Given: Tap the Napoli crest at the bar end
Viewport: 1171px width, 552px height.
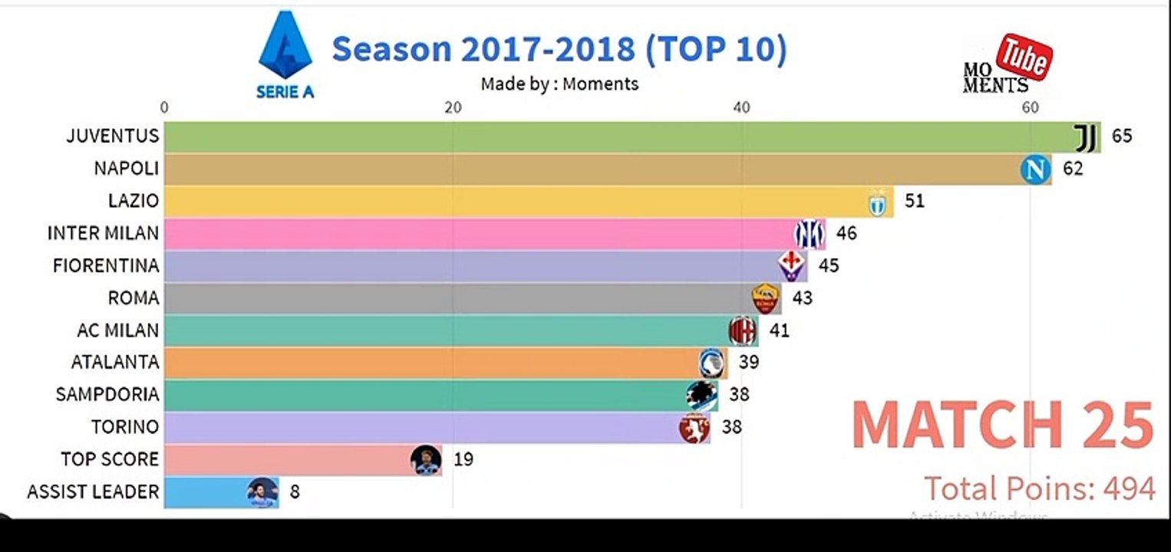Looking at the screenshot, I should tap(1035, 169).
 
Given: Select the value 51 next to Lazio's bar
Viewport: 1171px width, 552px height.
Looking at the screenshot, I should tap(914, 201).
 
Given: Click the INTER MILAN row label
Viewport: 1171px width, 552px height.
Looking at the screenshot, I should tap(103, 233).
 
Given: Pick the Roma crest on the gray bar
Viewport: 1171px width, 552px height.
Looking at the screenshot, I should tap(765, 298).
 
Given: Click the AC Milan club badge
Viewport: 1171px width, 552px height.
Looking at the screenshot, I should tap(741, 330).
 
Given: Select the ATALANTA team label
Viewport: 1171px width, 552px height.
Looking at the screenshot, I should tap(115, 362).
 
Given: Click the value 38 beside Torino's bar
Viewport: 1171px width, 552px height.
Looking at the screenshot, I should tap(731, 427).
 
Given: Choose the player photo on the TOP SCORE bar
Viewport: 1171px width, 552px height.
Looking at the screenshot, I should tap(426, 459).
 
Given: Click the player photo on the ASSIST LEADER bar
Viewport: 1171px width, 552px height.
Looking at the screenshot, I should tap(262, 491).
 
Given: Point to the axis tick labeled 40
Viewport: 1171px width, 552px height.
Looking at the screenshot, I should tap(741, 107).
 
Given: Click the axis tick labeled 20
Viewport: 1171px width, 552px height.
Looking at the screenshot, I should tap(453, 107).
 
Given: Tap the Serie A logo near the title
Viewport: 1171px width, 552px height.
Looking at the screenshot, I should tap(285, 54).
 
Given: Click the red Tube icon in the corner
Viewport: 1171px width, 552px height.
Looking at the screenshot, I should tap(1024, 57).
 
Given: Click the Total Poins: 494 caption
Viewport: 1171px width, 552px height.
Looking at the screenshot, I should tap(1039, 488).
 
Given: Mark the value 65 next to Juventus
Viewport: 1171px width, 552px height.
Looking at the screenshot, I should tap(1121, 136).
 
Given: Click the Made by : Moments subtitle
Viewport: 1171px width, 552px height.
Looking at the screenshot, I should tap(559, 84).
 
